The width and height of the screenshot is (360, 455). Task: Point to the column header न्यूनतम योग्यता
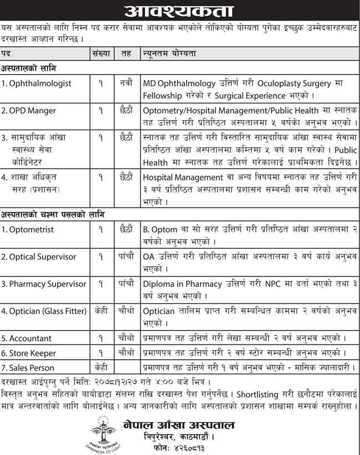(169, 53)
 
